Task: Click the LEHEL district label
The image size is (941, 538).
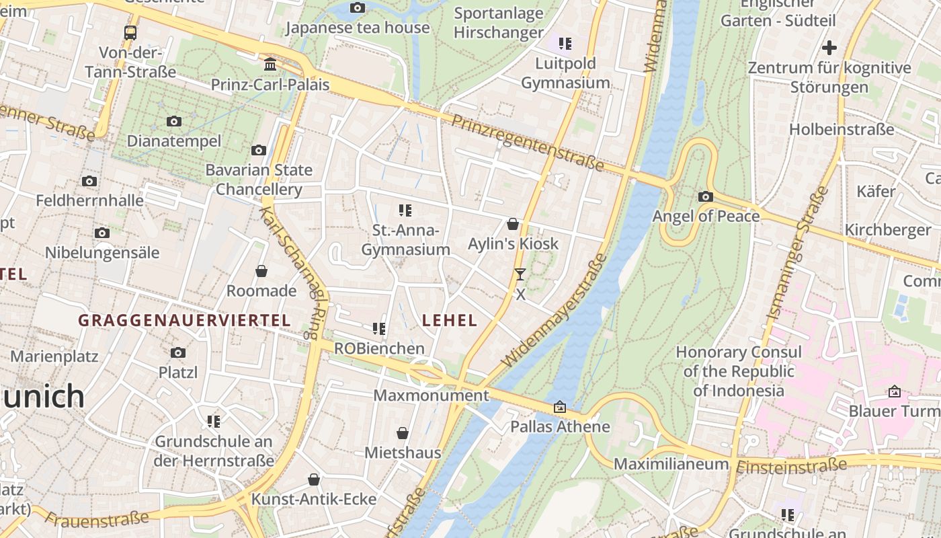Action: click(450, 321)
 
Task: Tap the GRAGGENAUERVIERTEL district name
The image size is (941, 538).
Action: click(184, 321)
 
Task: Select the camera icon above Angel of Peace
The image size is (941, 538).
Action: click(705, 196)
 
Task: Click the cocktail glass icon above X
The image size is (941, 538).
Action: click(520, 274)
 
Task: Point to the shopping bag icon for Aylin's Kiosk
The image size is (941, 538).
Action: click(513, 224)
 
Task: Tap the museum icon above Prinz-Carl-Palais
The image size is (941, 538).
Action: click(270, 65)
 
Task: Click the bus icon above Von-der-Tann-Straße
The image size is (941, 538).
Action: click(130, 32)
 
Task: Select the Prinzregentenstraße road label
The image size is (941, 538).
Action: click(527, 143)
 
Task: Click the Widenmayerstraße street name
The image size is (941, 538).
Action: click(555, 310)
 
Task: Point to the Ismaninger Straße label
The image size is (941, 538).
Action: click(798, 254)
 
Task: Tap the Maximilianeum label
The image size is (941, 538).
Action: click(671, 464)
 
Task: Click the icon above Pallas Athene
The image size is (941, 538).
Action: click(559, 407)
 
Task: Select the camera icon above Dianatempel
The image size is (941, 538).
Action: click(174, 122)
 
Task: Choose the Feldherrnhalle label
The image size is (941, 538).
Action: click(89, 200)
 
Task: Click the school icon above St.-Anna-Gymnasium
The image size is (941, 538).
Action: click(405, 210)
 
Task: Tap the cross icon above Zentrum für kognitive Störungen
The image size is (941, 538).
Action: click(829, 48)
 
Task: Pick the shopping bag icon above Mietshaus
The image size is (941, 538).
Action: click(403, 433)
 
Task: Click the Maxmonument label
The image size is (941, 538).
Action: click(431, 395)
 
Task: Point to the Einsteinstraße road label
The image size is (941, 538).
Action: click(792, 466)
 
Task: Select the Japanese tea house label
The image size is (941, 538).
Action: click(358, 28)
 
